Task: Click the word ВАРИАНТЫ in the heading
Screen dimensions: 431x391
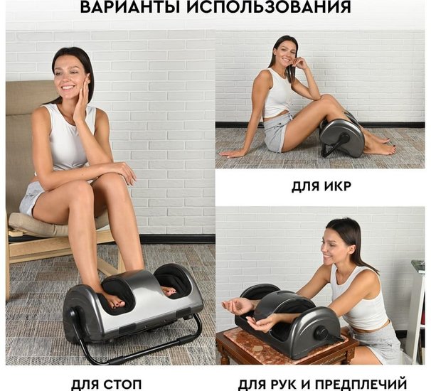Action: tap(133, 6)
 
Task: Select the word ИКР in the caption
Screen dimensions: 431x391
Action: tap(338, 186)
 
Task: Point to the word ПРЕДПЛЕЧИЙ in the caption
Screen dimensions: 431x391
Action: tap(360, 384)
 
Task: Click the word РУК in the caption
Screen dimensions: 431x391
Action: tap(287, 384)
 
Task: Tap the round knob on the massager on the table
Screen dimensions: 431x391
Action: tap(322, 333)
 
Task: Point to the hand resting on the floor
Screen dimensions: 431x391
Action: tap(230, 154)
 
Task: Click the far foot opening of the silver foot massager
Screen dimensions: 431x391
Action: tap(172, 279)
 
